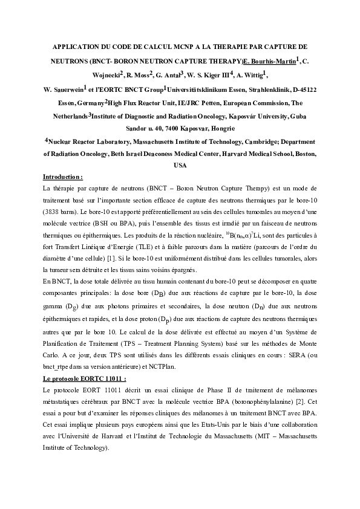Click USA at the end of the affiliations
(180, 165)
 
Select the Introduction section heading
(63, 177)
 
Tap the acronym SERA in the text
(295, 356)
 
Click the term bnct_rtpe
(59, 368)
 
